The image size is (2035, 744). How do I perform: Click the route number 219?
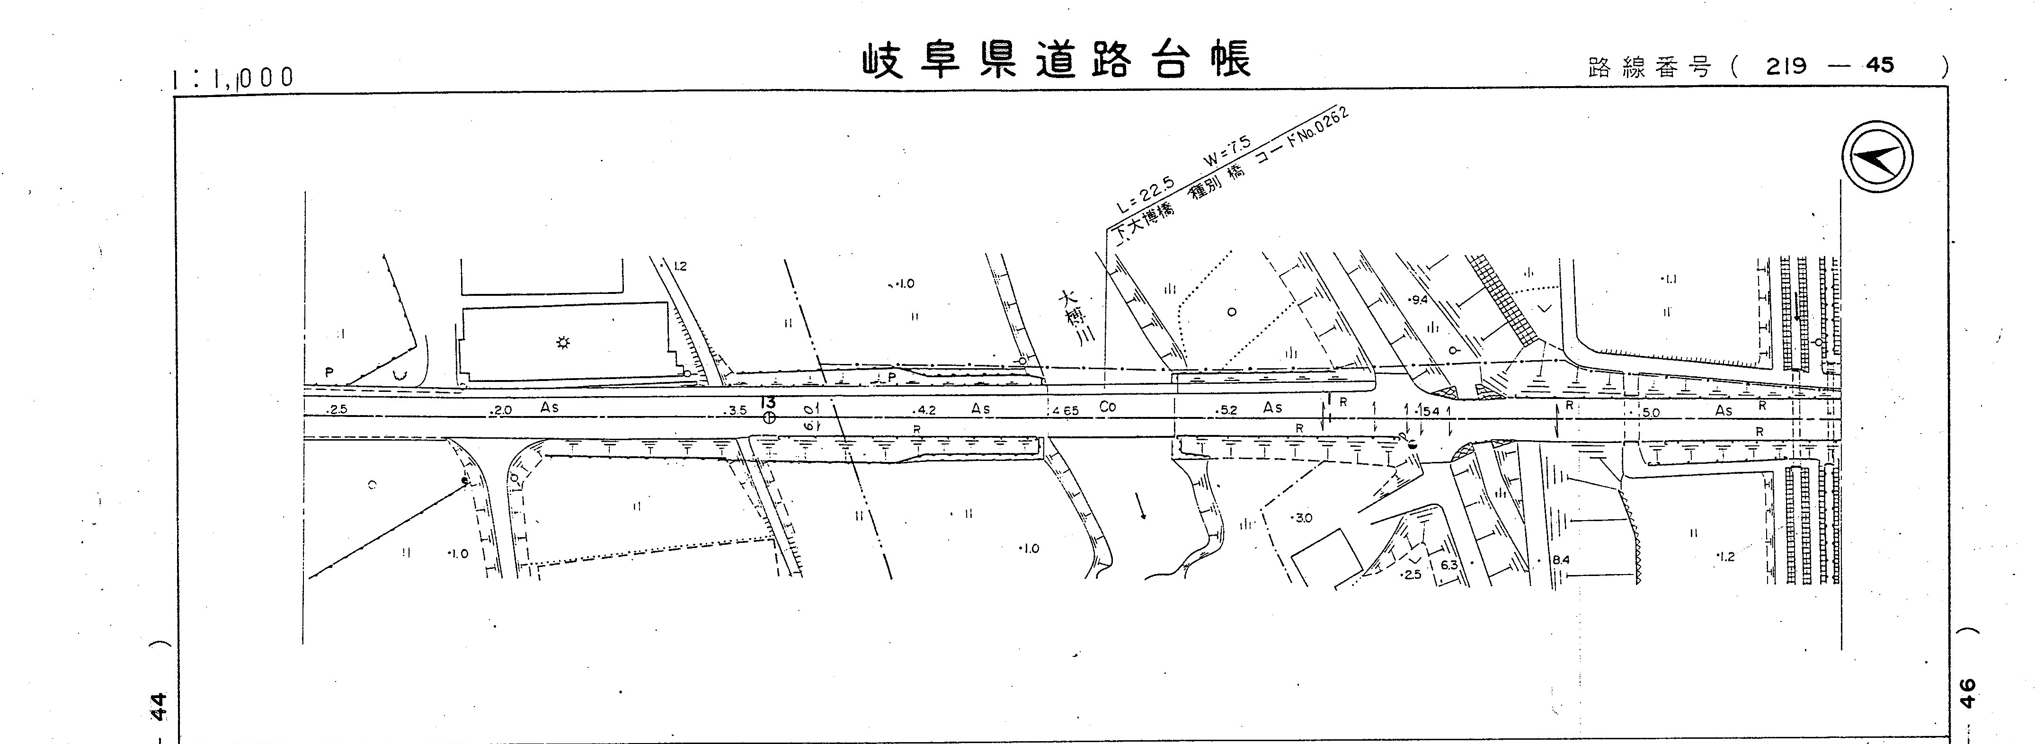[x=1787, y=66]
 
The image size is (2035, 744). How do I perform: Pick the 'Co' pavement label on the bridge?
[x=1108, y=407]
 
